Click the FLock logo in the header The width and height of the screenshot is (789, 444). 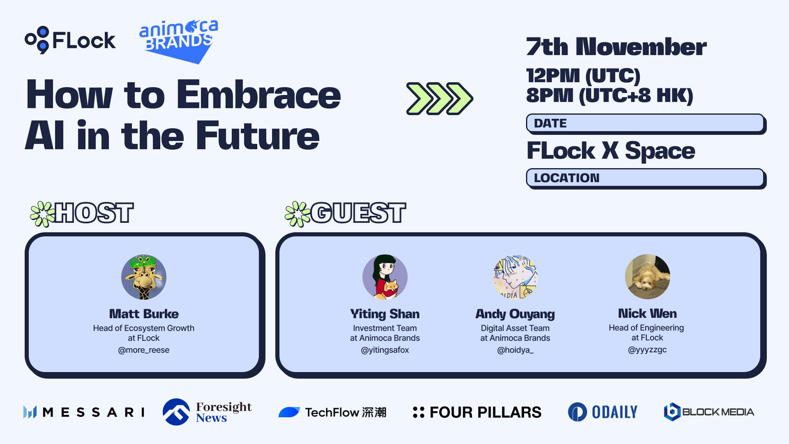point(70,40)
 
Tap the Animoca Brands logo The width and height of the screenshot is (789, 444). point(179,41)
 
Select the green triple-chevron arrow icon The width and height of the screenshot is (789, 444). point(439,99)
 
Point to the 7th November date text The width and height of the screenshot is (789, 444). point(616,46)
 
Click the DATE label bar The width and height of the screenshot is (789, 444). point(646,124)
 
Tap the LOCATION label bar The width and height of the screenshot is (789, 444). point(646,178)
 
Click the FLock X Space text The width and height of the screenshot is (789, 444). point(611,150)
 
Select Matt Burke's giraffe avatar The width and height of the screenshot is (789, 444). point(144,277)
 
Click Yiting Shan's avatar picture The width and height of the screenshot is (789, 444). point(385,277)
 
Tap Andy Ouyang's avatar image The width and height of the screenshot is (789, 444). point(515,277)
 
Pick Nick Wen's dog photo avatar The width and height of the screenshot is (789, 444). point(648,277)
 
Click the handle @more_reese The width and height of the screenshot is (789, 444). point(144,350)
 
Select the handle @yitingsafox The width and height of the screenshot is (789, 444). point(385,350)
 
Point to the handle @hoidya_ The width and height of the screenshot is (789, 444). point(515,350)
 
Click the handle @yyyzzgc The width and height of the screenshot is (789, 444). point(647,350)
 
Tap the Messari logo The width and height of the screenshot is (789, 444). point(84,412)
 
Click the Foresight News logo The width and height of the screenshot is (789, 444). point(207,412)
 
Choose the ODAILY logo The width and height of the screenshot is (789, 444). point(602,412)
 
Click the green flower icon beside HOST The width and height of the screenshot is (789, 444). point(42,214)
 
